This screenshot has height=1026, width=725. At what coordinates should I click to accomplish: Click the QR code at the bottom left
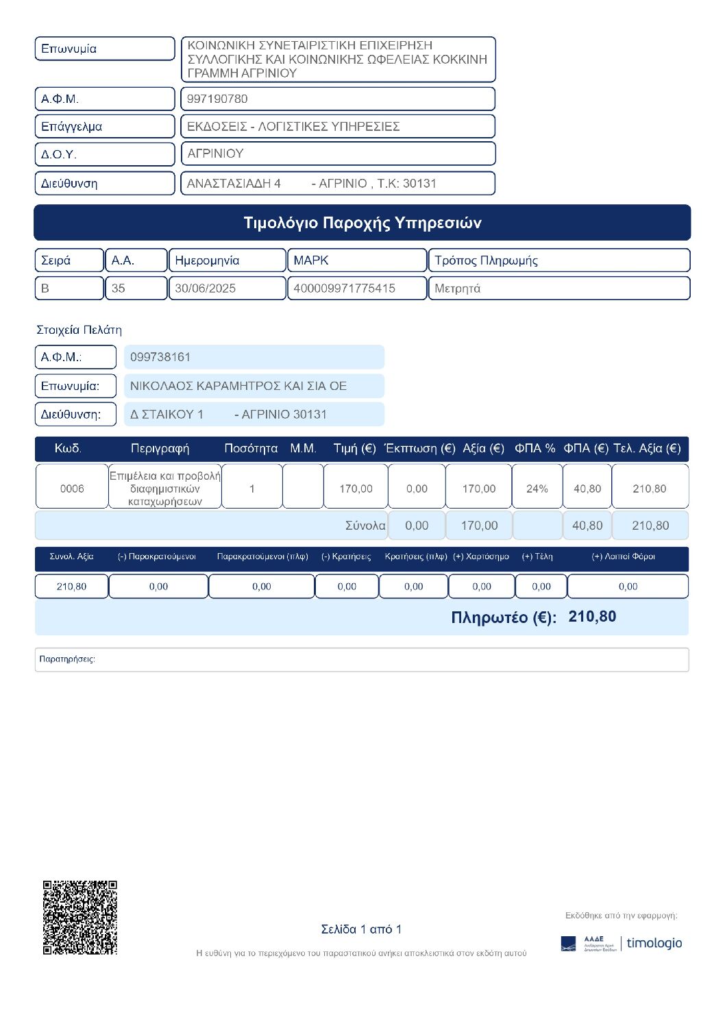tap(80, 917)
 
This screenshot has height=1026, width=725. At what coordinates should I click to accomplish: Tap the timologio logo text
tap(654, 943)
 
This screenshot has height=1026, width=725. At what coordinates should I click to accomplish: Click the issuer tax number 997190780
tap(217, 99)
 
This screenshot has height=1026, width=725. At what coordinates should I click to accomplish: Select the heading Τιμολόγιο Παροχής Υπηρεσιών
tap(362, 223)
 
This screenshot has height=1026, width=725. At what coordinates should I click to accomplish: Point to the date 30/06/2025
tap(205, 289)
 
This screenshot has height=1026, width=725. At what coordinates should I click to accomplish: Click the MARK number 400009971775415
tap(344, 289)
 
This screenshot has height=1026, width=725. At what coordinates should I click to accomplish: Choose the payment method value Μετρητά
tap(457, 289)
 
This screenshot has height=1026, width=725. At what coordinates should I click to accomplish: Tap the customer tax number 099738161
tap(160, 357)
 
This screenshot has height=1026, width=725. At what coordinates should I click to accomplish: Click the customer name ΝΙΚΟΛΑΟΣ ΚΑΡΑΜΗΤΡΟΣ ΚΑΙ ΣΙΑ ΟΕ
tap(238, 386)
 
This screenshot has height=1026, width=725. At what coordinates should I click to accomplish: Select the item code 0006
tap(72, 489)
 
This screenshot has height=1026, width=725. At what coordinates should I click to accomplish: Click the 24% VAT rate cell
tap(537, 489)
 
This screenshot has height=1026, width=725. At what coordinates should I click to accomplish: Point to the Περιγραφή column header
tap(160, 448)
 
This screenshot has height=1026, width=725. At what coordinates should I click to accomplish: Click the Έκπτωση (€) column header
tap(419, 448)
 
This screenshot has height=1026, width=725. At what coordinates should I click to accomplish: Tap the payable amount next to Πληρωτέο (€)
tap(592, 617)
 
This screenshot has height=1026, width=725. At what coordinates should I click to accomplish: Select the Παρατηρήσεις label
tap(67, 659)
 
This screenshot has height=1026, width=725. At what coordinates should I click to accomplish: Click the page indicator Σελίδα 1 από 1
tap(361, 929)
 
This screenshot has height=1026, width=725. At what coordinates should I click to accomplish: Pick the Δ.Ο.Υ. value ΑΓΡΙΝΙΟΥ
tap(215, 154)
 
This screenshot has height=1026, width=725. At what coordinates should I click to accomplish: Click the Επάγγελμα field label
tap(71, 126)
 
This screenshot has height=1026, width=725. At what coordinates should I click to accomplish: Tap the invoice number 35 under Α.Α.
tap(119, 289)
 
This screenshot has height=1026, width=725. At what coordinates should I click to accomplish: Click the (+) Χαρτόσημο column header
tap(481, 557)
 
